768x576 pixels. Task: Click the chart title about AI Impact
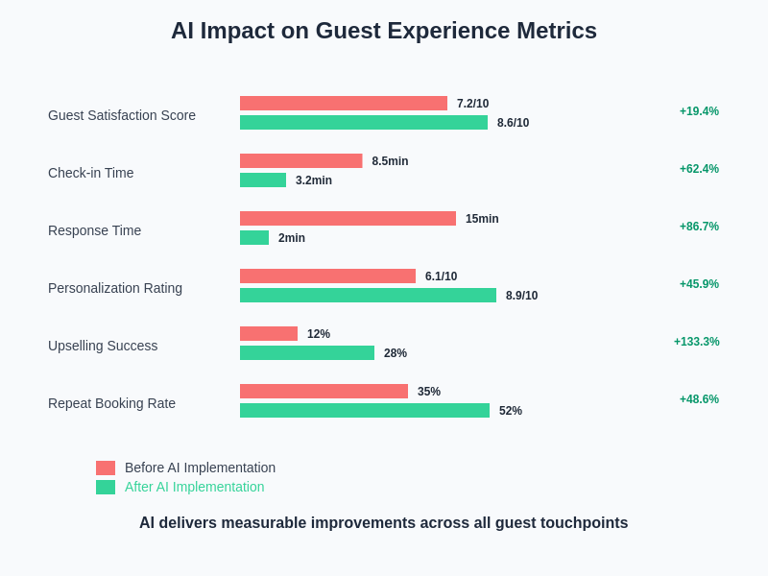[384, 31]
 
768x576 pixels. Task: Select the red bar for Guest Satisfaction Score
[344, 103]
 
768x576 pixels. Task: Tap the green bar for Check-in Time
[263, 180]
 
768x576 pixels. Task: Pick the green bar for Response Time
[254, 237]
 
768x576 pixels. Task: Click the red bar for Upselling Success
[269, 333]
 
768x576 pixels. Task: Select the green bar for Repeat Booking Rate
[365, 410]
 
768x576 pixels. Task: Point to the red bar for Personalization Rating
[327, 276]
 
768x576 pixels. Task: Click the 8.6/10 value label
[513, 123]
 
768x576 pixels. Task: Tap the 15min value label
[482, 219]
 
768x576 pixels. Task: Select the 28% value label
[396, 353]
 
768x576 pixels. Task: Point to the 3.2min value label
[314, 180]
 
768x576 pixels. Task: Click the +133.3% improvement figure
[696, 342]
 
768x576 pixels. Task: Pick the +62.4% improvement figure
[699, 169]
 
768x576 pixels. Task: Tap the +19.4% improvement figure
[699, 111]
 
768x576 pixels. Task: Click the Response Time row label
[94, 230]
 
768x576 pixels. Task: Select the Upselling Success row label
[103, 346]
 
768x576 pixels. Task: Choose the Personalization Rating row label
[115, 288]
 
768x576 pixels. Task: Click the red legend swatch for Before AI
[106, 468]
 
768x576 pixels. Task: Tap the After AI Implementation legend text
[194, 487]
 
